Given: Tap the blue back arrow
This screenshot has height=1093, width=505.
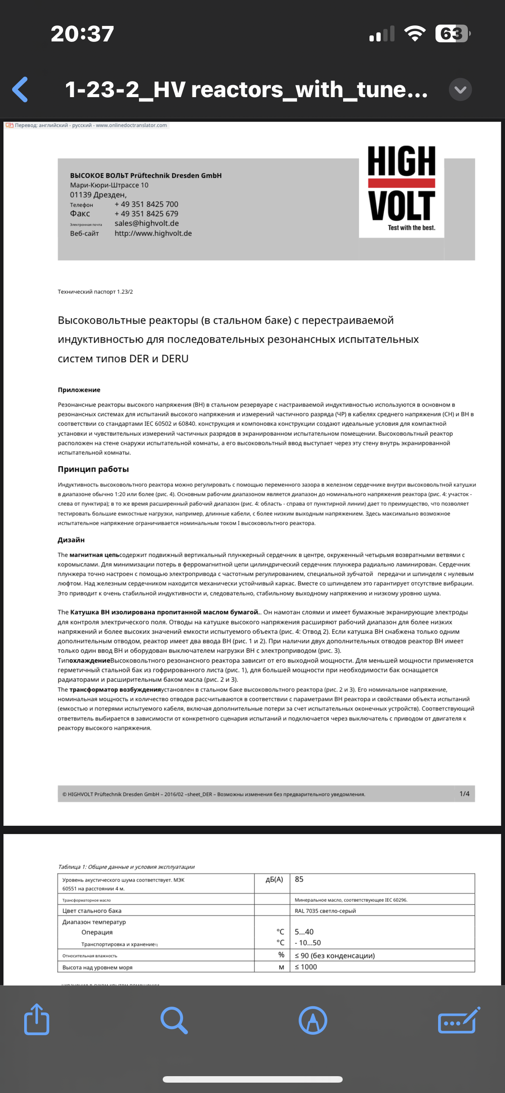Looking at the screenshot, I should click(x=20, y=89).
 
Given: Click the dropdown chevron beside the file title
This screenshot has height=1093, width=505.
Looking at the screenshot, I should click(x=460, y=89).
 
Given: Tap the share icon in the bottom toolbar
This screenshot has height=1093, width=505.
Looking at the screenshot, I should click(x=37, y=1020).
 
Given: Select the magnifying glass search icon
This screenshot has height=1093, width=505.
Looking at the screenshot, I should click(x=174, y=1020).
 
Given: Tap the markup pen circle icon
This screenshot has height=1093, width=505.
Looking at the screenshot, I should click(x=312, y=1020).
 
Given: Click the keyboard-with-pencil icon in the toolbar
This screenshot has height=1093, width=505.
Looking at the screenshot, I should click(x=458, y=1020).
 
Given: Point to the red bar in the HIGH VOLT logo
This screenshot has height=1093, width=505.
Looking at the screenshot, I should click(x=401, y=183).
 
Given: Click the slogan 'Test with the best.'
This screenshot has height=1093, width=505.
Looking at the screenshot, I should click(x=411, y=227).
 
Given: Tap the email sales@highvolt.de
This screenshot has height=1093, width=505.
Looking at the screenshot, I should click(x=146, y=223).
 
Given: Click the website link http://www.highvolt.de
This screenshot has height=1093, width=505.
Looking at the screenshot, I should click(x=153, y=233).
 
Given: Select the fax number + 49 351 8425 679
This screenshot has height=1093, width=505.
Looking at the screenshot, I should click(x=146, y=214).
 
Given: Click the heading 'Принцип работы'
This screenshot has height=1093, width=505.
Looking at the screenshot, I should click(x=93, y=469).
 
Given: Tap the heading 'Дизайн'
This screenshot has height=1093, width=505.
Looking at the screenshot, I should click(x=71, y=540).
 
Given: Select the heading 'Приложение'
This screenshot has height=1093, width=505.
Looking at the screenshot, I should click(x=79, y=390).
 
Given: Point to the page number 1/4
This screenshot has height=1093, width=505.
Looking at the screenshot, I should click(x=464, y=793).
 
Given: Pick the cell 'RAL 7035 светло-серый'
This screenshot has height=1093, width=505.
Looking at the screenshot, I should click(x=325, y=911).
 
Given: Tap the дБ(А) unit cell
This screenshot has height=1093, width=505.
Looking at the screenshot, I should click(x=274, y=880).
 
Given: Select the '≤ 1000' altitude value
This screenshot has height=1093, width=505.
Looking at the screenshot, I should click(x=306, y=967).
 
